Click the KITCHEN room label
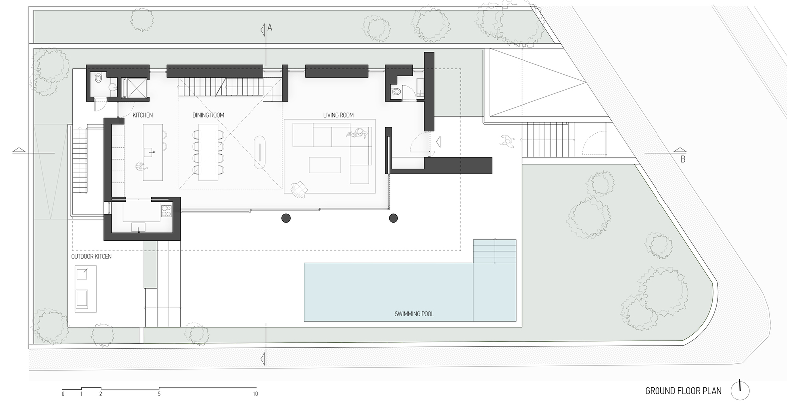pyautogui.click(x=142, y=115)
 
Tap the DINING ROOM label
pyautogui.click(x=208, y=115)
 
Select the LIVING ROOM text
pyautogui.click(x=338, y=115)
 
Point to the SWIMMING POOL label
pyautogui.click(x=414, y=314)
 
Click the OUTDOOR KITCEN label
pyautogui.click(x=91, y=257)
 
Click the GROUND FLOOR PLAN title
pyautogui.click(x=683, y=391)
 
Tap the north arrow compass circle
pyautogui.click(x=740, y=391)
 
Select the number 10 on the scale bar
pyautogui.click(x=255, y=394)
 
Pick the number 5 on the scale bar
pyautogui.click(x=159, y=394)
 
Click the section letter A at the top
pyautogui.click(x=270, y=28)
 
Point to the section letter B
pyautogui.click(x=683, y=159)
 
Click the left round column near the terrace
pyautogui.click(x=286, y=218)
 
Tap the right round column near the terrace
pyautogui.click(x=394, y=218)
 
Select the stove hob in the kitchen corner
pyautogui.click(x=166, y=211)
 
